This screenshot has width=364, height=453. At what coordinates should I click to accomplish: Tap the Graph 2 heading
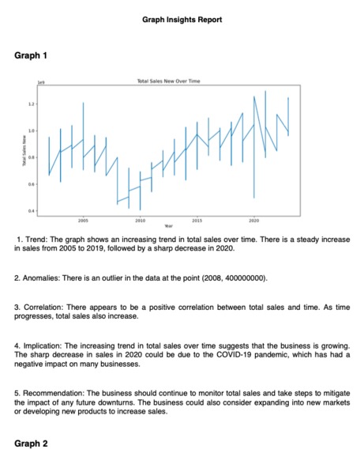pyautogui.click(x=32, y=444)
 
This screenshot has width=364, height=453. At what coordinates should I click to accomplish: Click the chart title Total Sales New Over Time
pyautogui.click(x=169, y=81)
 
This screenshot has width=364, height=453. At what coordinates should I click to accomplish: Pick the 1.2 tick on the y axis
pyautogui.click(x=31, y=104)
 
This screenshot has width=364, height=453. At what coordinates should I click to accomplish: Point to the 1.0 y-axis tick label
pyautogui.click(x=31, y=130)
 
